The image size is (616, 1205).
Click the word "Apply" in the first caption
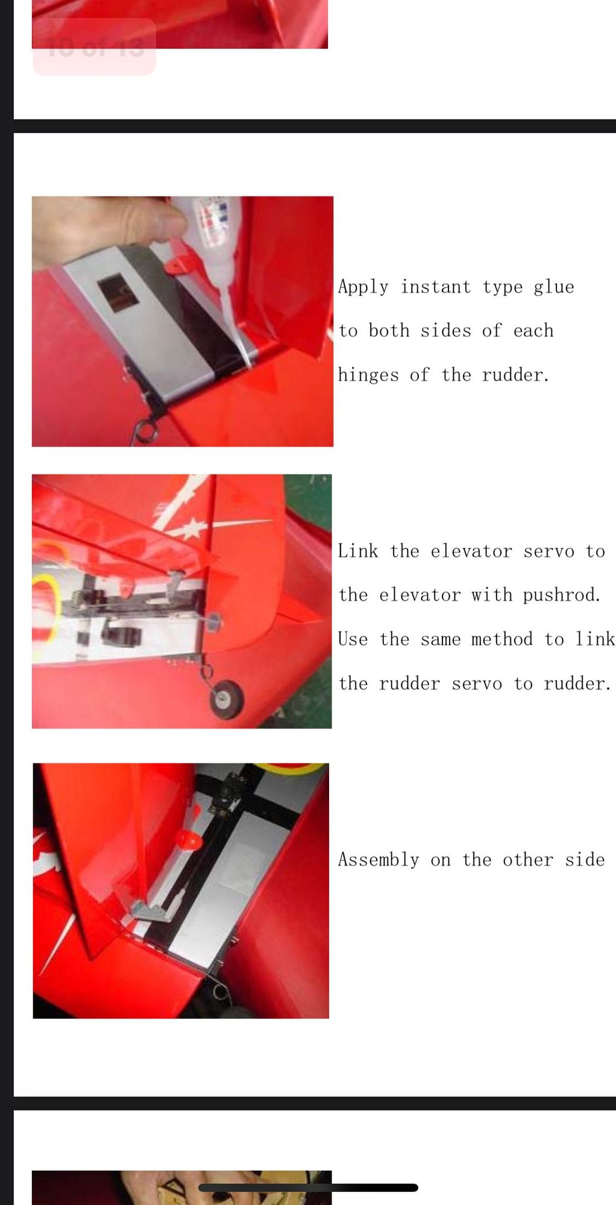[x=363, y=287]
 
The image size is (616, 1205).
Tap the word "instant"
[x=435, y=286]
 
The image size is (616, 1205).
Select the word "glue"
[x=553, y=287]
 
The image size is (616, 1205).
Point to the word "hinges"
[x=368, y=375]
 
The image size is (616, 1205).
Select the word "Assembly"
[x=378, y=860]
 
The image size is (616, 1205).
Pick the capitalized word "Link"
[x=357, y=551]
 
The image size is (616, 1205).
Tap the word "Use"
[x=352, y=639]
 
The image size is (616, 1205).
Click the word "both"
[x=389, y=330]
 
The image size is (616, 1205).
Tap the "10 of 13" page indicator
[x=95, y=47]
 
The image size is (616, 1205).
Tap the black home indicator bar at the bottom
[x=308, y=1188]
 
